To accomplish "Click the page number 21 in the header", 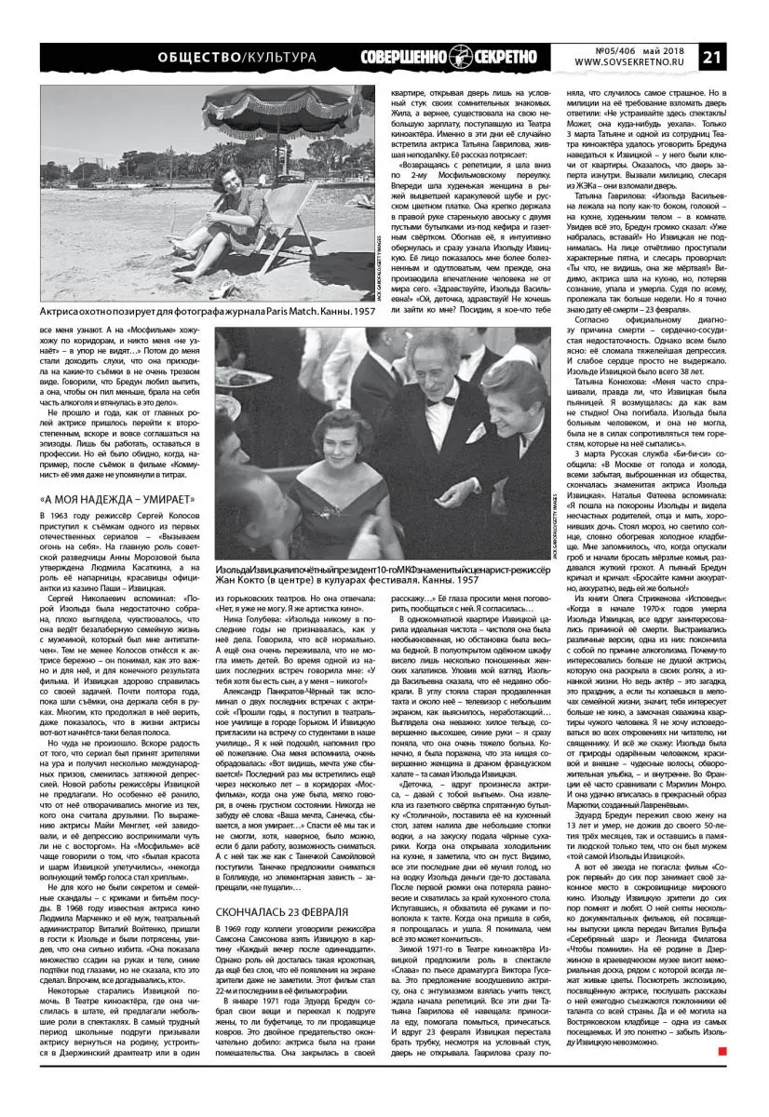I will coord(742,56).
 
